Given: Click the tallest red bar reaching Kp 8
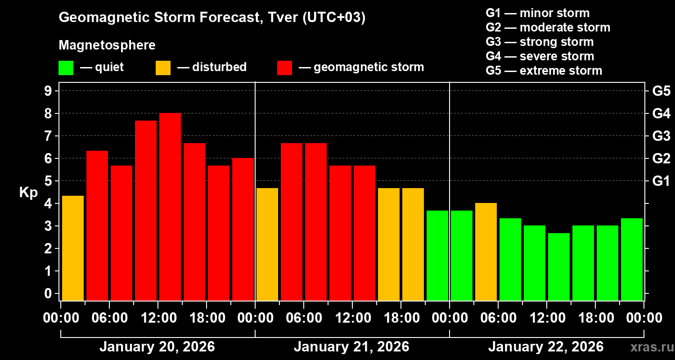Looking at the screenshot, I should coord(170,207).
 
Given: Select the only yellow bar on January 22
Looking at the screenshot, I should coord(486,252).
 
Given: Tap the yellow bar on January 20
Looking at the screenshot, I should coord(73,248).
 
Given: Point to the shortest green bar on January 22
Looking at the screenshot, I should coord(559,266).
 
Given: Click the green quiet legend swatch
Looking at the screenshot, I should coord(66,68).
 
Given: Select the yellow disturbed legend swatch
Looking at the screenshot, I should coord(163,68).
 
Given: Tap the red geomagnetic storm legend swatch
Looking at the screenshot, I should coord(284,68).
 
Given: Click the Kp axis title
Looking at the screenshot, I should coord(28,192).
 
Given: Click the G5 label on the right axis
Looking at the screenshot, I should coord(661,91).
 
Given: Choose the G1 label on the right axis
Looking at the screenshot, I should coord(661,181).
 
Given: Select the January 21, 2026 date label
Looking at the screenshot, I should coord(351,347).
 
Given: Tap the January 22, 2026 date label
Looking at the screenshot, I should coord(546,347).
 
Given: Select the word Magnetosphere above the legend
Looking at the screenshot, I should coord(107,45).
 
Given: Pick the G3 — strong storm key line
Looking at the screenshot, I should coord(540,42).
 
